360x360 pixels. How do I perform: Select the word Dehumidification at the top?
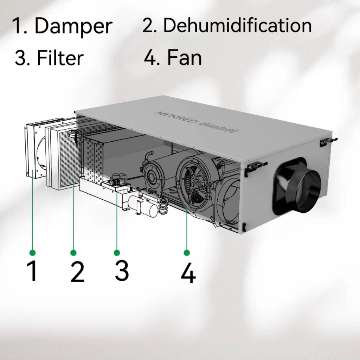pos(237,25)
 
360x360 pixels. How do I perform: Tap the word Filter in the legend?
pos(60,58)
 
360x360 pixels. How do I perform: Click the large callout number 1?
pos(32,271)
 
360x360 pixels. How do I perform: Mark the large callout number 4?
pos(188,272)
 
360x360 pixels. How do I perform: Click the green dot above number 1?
pos(33,253)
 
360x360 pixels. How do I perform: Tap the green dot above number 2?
pos(73,253)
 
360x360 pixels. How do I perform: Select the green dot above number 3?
pos(117,253)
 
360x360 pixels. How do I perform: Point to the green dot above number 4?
pos(187,253)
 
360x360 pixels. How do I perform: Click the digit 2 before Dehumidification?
pos(148,25)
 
